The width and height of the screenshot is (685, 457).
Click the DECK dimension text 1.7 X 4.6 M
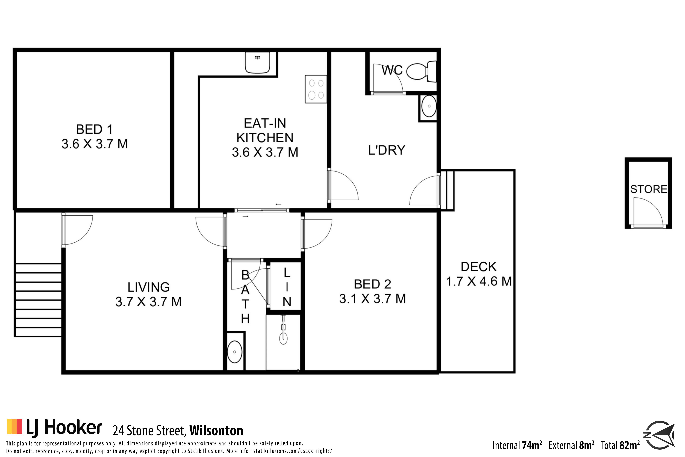tap(479, 281)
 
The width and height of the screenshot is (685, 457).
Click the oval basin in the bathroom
tap(234, 352)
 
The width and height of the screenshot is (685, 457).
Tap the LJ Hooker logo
tap(54, 428)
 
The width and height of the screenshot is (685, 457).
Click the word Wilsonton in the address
tap(216, 430)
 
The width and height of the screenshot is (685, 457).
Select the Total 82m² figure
tap(620, 445)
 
